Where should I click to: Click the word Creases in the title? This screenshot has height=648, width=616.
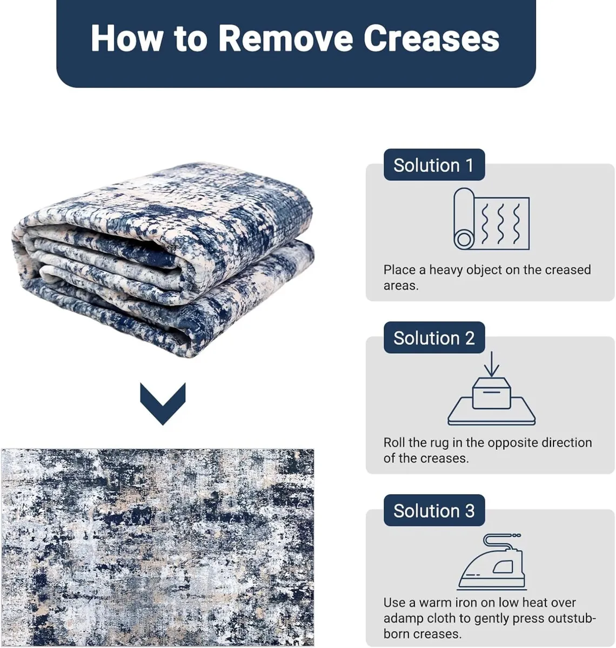(431, 38)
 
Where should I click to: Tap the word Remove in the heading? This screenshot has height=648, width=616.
(286, 38)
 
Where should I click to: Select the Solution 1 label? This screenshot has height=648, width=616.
(434, 165)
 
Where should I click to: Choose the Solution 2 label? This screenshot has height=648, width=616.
(434, 338)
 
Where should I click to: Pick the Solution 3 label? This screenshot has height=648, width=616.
(434, 510)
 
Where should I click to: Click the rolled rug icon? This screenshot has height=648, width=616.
(491, 219)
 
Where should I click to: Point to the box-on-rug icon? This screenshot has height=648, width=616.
(491, 401)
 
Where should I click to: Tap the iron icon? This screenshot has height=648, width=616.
(492, 562)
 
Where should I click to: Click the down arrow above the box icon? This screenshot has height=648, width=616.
(492, 364)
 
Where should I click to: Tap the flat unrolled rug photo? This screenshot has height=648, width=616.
(157, 547)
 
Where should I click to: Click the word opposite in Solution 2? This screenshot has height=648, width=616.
(517, 443)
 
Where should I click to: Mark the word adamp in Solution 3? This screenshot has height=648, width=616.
(403, 618)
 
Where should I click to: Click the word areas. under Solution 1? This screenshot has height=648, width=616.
(401, 286)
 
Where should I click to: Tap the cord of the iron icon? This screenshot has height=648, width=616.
(499, 543)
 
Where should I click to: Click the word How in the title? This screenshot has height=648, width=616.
(126, 38)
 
